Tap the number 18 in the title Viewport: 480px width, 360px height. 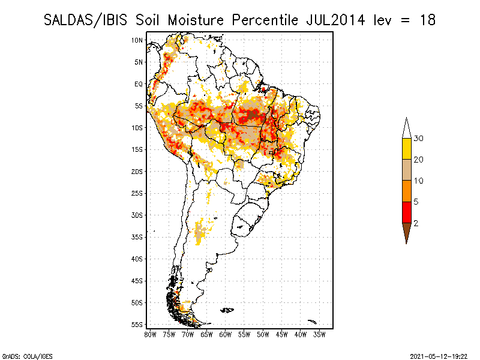[427, 20]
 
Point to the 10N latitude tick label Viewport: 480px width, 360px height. [137, 40]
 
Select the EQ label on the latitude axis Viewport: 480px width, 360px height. [139, 84]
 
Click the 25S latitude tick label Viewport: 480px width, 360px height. [137, 193]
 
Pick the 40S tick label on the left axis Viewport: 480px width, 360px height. [137, 259]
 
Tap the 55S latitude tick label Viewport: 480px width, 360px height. [137, 325]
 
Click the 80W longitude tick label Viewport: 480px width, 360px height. [150, 334]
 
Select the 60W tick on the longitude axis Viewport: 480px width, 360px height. [225, 334]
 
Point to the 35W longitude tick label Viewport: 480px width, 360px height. [319, 334]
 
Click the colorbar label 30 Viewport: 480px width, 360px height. [419, 139]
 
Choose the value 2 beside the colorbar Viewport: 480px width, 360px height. [416, 223]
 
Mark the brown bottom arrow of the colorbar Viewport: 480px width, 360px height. [407, 232]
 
